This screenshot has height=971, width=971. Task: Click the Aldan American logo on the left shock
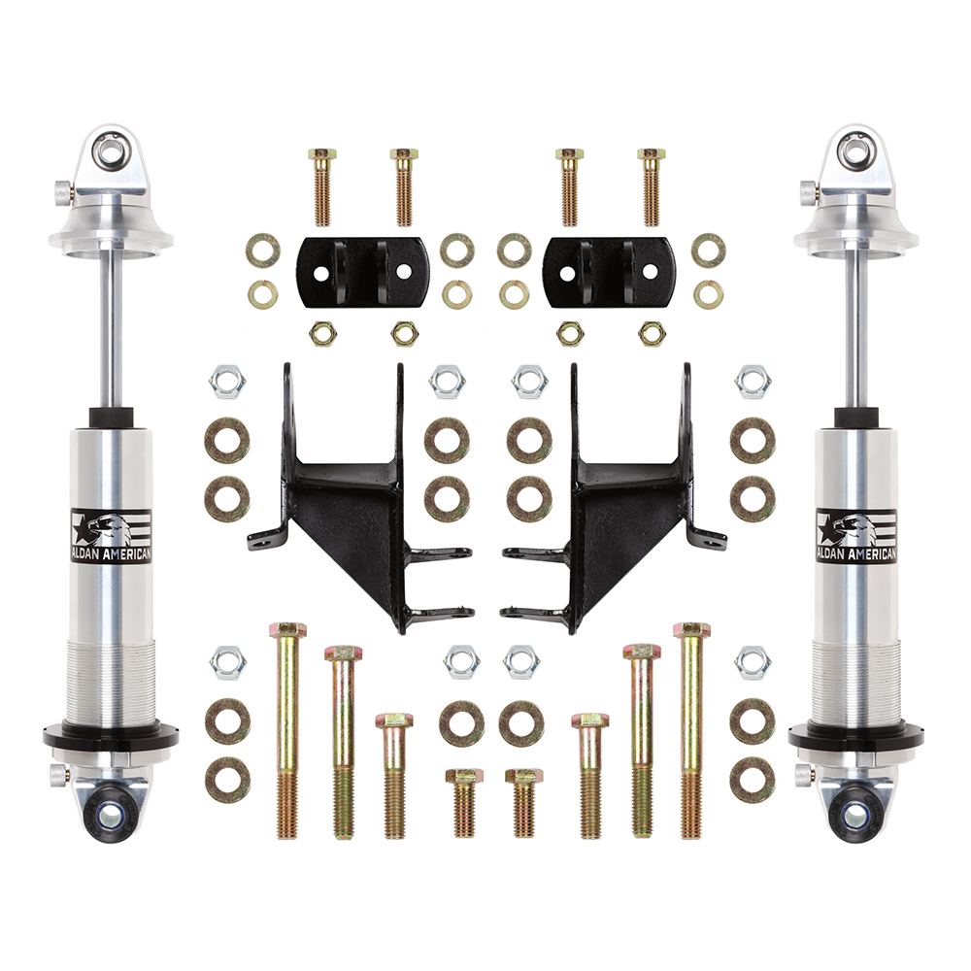click(112, 536)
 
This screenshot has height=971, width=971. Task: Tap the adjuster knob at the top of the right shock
click(806, 189)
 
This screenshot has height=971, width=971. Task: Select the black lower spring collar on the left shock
click(112, 736)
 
